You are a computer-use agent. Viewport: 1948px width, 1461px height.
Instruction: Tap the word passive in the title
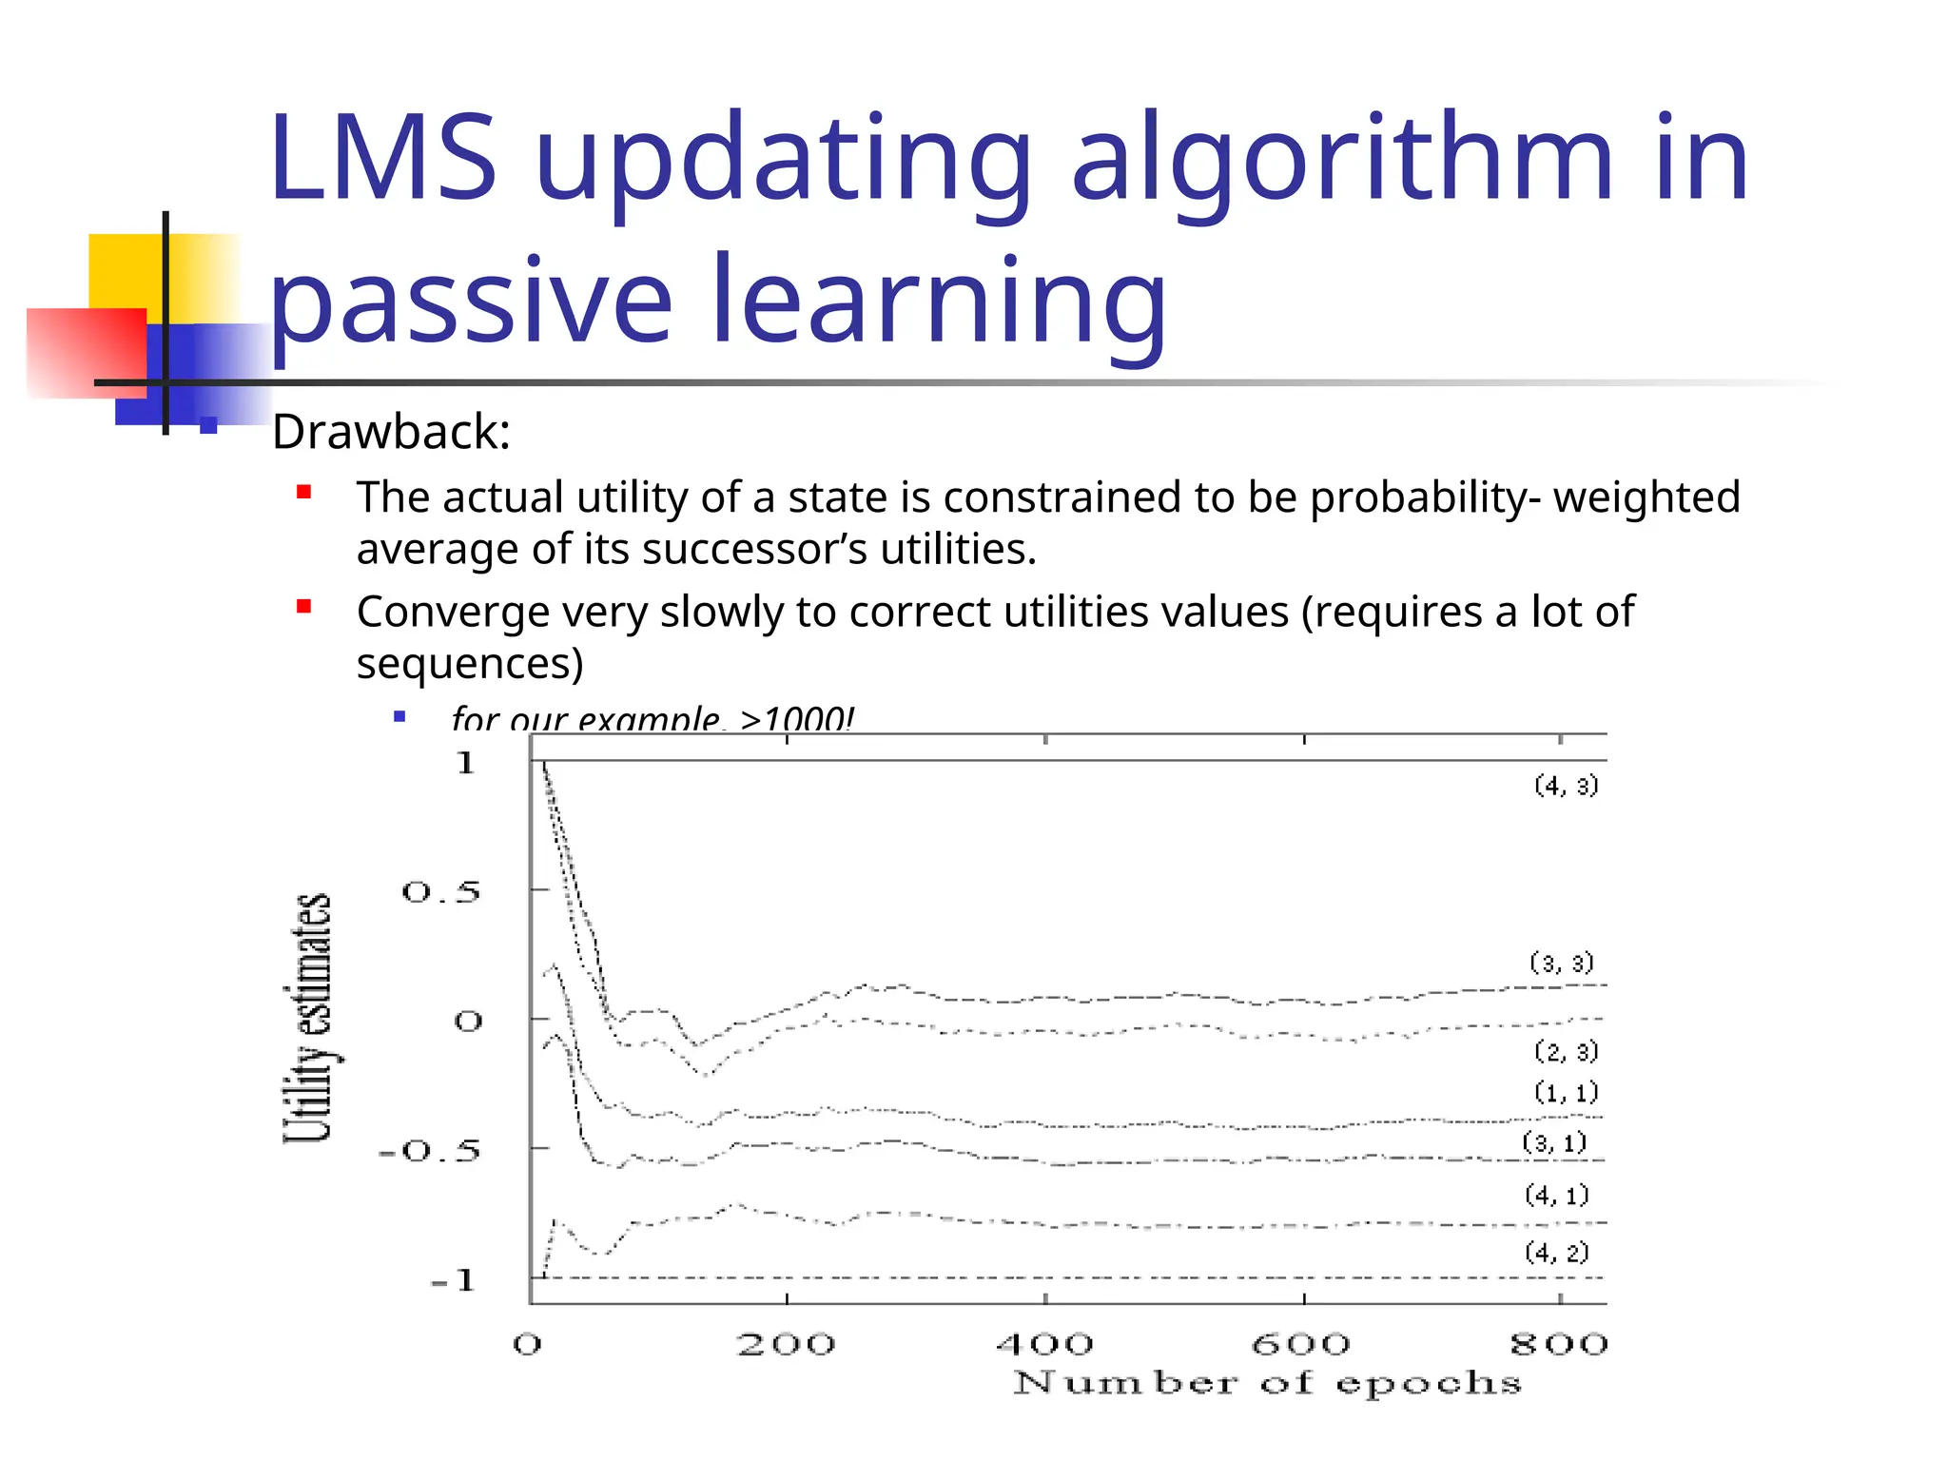(471, 302)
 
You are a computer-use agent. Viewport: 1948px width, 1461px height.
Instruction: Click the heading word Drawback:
(391, 433)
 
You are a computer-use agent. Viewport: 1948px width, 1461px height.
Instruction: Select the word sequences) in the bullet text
(470, 663)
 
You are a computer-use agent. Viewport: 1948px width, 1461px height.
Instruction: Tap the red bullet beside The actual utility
(304, 493)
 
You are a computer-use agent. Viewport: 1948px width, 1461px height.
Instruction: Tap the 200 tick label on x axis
(786, 1344)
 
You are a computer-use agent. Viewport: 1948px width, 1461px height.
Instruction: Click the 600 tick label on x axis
(1300, 1344)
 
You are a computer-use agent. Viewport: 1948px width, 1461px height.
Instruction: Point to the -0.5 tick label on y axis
(430, 1152)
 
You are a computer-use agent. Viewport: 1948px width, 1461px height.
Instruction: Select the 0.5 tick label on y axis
(441, 892)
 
